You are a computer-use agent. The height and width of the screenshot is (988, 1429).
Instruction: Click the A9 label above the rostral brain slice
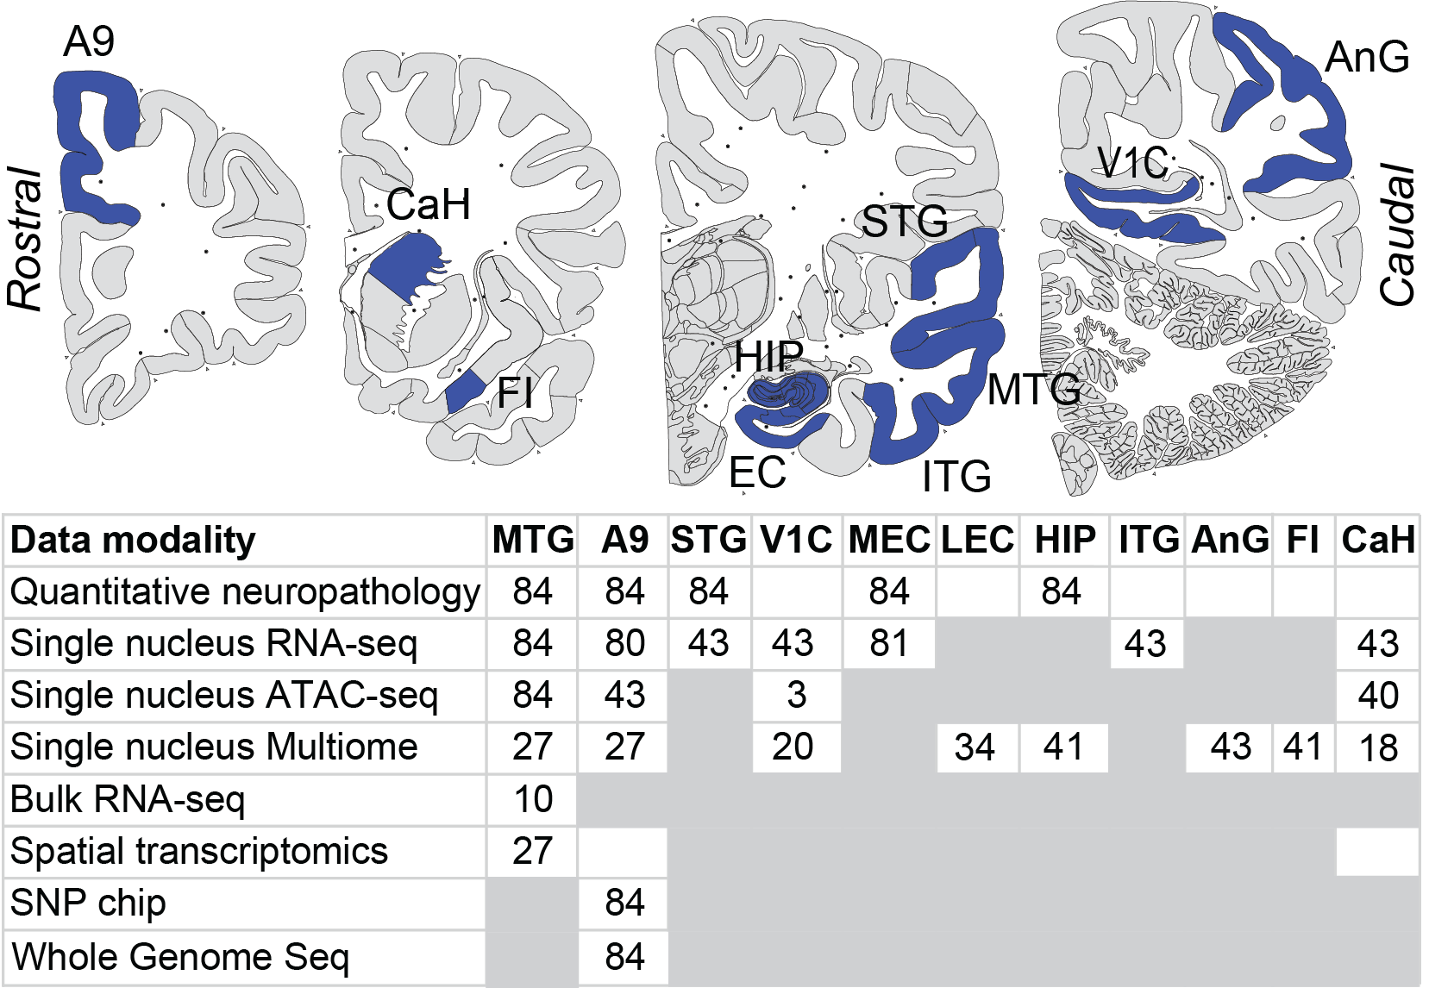click(89, 42)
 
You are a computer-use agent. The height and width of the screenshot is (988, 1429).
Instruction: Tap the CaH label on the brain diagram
click(428, 204)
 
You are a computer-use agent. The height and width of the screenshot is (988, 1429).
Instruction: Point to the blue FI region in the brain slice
click(465, 391)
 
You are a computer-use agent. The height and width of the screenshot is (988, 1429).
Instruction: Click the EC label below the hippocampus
click(757, 472)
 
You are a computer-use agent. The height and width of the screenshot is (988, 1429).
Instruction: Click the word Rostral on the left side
click(25, 239)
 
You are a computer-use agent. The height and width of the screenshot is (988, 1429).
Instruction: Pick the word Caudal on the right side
click(1397, 234)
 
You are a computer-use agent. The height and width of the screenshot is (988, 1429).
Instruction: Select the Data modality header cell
click(133, 541)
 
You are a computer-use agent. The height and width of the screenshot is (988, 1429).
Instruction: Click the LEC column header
click(977, 540)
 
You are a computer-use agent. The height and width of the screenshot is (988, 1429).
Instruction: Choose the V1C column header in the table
click(796, 540)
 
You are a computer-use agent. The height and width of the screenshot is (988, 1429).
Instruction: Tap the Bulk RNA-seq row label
click(128, 799)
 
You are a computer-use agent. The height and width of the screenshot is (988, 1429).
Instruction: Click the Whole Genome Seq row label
click(180, 957)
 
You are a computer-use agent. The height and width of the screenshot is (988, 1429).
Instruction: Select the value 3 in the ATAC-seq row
click(796, 695)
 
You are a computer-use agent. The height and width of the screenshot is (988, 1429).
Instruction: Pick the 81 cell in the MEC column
click(888, 643)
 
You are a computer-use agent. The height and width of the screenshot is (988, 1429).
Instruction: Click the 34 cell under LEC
click(975, 747)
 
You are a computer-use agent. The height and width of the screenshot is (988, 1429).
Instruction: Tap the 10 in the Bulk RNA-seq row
click(533, 799)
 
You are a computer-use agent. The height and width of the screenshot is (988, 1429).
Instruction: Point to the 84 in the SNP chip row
click(624, 904)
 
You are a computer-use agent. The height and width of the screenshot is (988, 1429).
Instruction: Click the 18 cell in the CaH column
click(1378, 747)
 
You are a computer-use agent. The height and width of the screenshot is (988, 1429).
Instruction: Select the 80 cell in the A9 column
click(624, 643)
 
